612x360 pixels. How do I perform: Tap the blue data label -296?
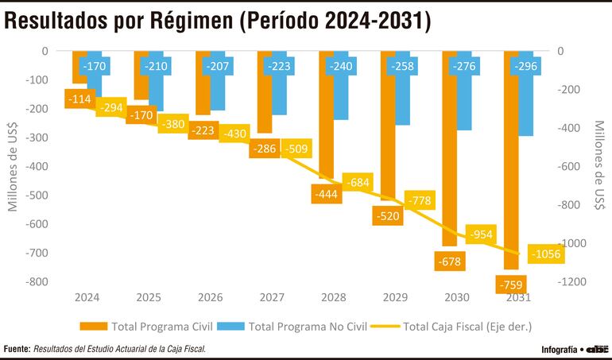(x=529, y=66)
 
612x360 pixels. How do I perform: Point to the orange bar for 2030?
(x=450, y=159)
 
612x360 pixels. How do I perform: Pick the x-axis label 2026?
(x=210, y=297)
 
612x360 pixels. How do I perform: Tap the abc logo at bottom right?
(x=598, y=349)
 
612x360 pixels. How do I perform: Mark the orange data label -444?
(x=327, y=193)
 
